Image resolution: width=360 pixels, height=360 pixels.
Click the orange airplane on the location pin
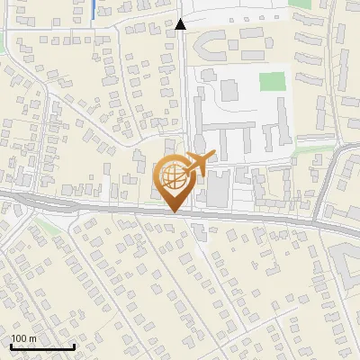coord(199,162)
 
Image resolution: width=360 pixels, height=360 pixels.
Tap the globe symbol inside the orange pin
coord(175,176)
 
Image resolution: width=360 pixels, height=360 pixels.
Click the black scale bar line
coord(42,346)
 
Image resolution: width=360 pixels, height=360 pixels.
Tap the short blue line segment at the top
coord(94,11)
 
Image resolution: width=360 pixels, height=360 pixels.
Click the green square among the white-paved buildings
coord(271,81)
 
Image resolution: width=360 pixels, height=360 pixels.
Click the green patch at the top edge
coord(301,4)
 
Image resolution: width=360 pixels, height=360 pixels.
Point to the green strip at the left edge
coord(3,40)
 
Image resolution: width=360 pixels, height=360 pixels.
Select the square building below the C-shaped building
coord(228,90)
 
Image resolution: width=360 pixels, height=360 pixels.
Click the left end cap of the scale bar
coord(11,346)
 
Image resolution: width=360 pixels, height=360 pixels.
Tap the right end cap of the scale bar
coord(74,346)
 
